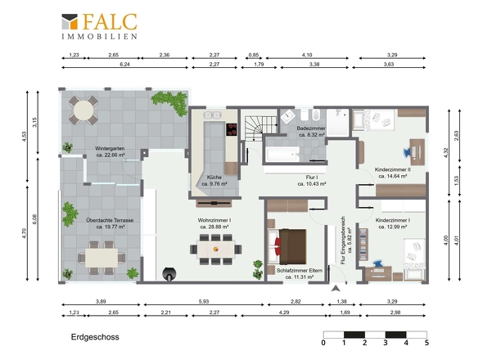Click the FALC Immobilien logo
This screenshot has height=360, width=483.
pyautogui.click(x=99, y=26)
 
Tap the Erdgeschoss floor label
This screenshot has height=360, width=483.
pyautogui.click(x=95, y=337)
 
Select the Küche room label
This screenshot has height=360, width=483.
pyautogui.click(x=214, y=178)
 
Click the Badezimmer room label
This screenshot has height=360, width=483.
pyautogui.click(x=311, y=128)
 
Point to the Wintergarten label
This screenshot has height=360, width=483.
pyautogui.click(x=110, y=148)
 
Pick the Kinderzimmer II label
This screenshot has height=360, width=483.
pyautogui.click(x=392, y=169)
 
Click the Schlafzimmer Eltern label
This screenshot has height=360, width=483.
pyautogui.click(x=300, y=270)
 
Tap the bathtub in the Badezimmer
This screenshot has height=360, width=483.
pyautogui.click(x=282, y=154)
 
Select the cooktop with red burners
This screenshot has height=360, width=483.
pyautogui.click(x=232, y=129)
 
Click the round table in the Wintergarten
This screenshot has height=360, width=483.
pyautogui.click(x=84, y=110)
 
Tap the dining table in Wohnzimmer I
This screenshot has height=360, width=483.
pyautogui.click(x=215, y=249)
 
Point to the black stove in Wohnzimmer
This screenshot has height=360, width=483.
pyautogui.click(x=169, y=274)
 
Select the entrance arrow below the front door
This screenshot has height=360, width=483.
pyautogui.click(x=336, y=288)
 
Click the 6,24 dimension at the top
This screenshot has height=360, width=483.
pyautogui.click(x=124, y=64)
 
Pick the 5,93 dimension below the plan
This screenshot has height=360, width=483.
pyautogui.click(x=204, y=301)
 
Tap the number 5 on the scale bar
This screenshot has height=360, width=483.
pyautogui.click(x=427, y=343)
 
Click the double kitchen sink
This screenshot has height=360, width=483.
pyautogui.click(x=212, y=115)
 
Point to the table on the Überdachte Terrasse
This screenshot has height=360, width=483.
pyautogui.click(x=102, y=258)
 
